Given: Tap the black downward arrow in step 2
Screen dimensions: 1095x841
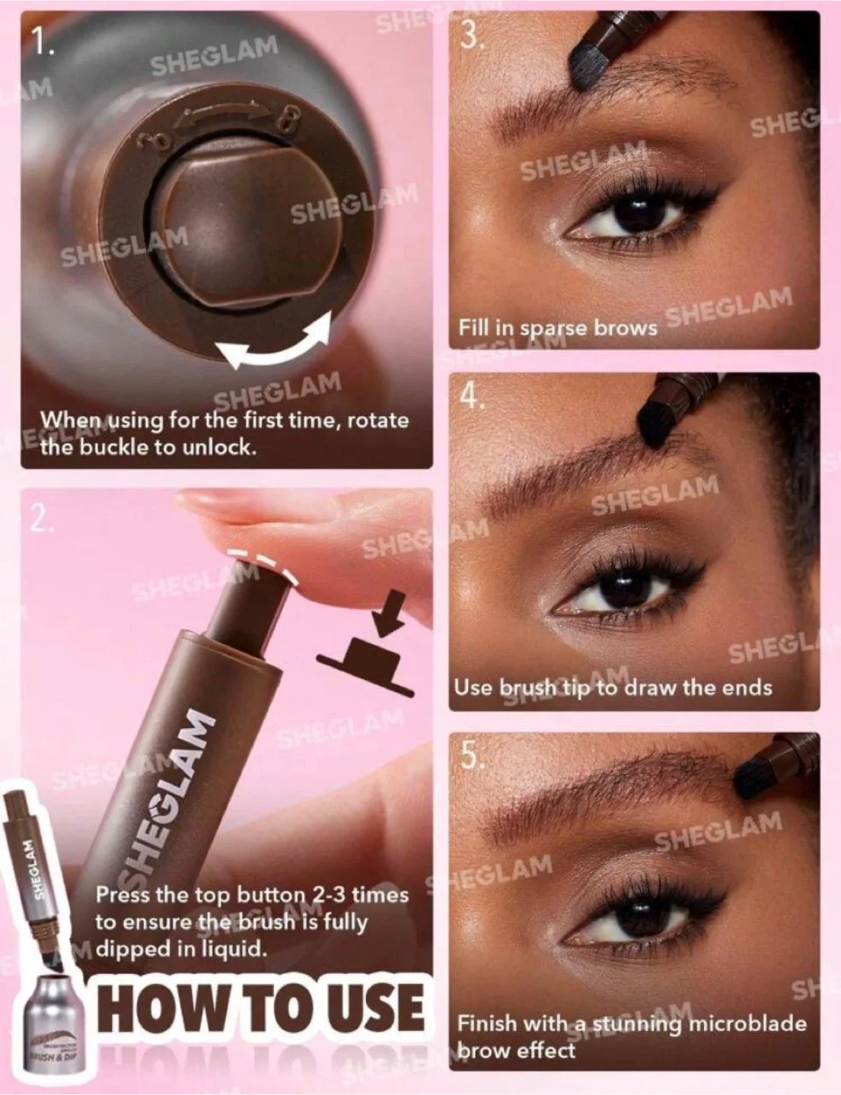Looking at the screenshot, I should tap(387, 612).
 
